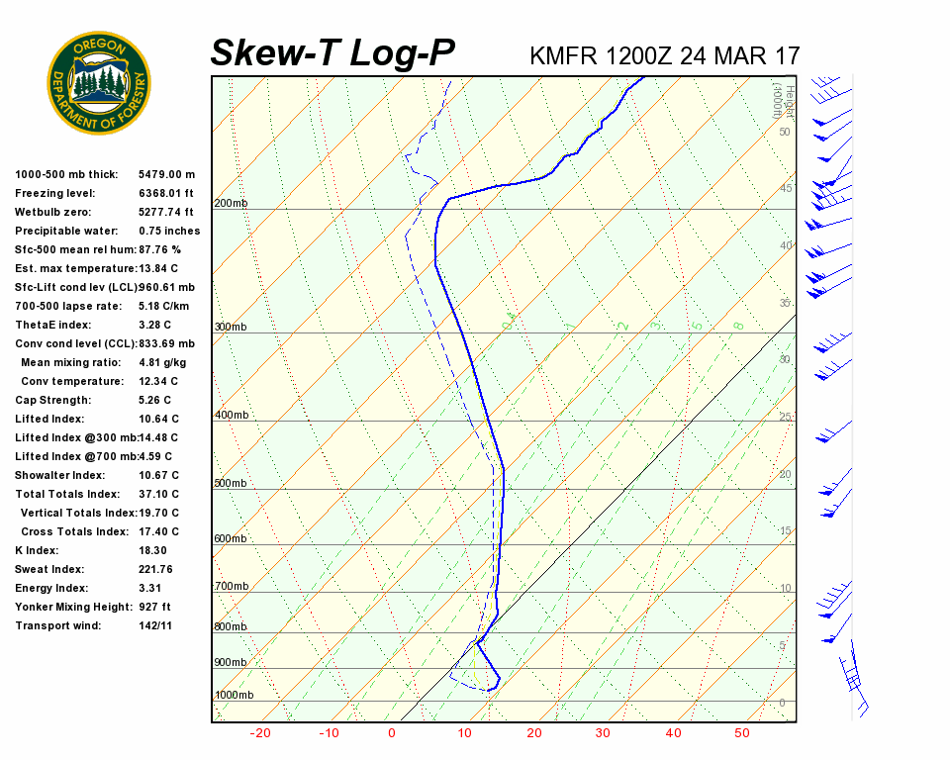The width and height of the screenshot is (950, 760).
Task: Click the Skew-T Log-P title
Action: (332, 53)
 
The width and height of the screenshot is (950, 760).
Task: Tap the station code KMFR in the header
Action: (563, 55)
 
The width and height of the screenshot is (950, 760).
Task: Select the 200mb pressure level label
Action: (231, 204)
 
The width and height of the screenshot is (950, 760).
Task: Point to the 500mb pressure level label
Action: (231, 483)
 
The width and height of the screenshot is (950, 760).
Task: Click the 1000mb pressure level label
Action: (234, 696)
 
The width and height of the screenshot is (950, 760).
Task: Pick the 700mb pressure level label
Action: (231, 587)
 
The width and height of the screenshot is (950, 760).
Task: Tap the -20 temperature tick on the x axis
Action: (261, 733)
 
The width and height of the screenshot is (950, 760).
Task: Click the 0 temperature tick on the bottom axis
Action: (392, 733)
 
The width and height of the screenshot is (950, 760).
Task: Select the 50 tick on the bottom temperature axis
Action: (742, 733)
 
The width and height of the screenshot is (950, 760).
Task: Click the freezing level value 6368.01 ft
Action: (166, 193)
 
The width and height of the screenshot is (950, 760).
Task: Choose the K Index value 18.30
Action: (152, 550)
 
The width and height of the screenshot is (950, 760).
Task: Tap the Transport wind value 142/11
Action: (155, 625)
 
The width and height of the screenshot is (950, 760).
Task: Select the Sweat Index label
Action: (49, 569)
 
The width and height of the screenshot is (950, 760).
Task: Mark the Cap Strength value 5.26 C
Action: (155, 400)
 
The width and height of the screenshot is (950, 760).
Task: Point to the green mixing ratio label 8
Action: (738, 325)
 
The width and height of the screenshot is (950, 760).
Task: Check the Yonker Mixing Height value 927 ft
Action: (154, 607)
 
